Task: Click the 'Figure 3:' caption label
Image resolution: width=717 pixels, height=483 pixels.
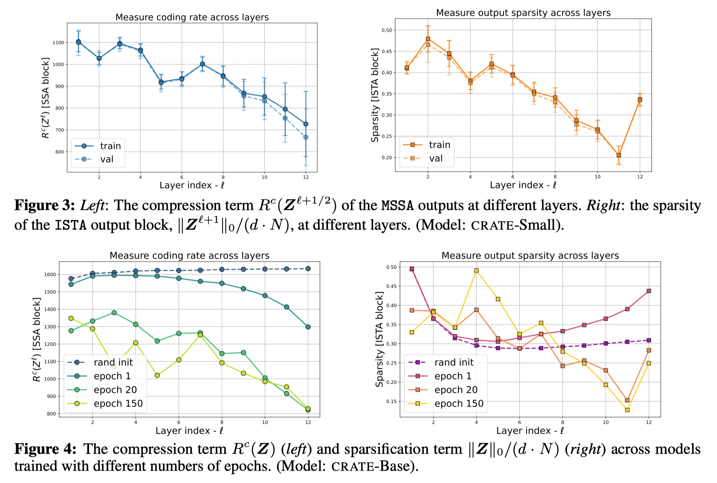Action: (x=44, y=205)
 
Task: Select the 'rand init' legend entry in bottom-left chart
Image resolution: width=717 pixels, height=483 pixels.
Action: (x=113, y=362)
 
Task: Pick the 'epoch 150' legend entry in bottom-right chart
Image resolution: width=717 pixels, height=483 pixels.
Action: (x=459, y=403)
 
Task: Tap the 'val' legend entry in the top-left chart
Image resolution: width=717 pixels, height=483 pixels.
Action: (x=107, y=159)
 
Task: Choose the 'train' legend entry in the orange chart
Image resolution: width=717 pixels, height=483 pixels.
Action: (x=440, y=145)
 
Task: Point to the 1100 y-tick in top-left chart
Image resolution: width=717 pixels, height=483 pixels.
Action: (x=58, y=43)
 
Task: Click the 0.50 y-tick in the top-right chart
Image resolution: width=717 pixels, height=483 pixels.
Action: (x=387, y=30)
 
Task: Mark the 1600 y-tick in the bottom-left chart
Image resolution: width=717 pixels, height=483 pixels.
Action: (x=50, y=274)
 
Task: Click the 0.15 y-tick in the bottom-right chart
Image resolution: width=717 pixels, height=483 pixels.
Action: (x=391, y=401)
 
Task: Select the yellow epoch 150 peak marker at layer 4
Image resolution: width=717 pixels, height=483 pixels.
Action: (x=476, y=271)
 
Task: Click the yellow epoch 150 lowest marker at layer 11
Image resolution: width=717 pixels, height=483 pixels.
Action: (x=627, y=410)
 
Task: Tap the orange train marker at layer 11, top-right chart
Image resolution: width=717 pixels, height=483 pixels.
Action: (x=619, y=155)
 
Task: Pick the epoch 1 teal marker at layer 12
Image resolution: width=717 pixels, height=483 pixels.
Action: (x=308, y=327)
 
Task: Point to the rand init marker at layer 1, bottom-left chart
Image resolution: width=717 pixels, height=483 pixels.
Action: (x=71, y=278)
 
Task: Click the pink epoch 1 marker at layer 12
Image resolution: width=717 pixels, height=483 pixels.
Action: (x=649, y=291)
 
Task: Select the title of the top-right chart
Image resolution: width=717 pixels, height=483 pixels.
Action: (x=523, y=13)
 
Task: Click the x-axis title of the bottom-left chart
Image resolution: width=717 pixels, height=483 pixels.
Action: (x=189, y=431)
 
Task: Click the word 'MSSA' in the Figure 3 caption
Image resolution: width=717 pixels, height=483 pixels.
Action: (x=397, y=206)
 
